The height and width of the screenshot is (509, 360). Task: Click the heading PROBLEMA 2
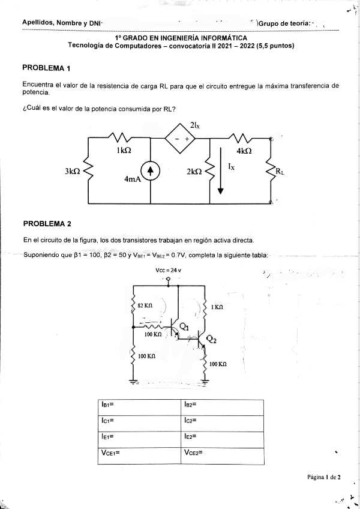(x=47, y=224)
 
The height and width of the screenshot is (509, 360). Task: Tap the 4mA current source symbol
(x=150, y=172)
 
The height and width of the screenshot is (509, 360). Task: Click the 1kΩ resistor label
(x=124, y=152)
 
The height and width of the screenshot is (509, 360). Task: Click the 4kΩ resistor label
(x=244, y=151)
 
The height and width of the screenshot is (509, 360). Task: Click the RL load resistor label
(x=280, y=172)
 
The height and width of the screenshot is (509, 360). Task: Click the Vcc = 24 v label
(x=168, y=270)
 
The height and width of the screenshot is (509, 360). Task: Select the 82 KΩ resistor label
(x=145, y=306)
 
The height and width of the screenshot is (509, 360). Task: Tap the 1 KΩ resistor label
(x=217, y=307)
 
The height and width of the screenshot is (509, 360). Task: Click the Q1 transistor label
(x=184, y=327)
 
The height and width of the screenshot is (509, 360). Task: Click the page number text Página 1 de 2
(x=323, y=477)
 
